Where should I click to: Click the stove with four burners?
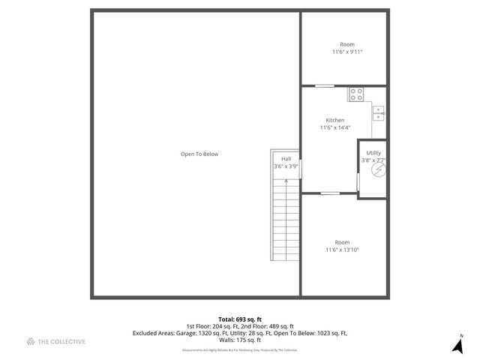point(356,94)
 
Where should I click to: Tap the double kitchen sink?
point(379,112)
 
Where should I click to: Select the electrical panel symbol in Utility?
point(379,170)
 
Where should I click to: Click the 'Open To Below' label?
point(199,154)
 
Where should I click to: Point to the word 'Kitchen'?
point(334,120)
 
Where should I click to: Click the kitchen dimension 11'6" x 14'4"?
point(334,127)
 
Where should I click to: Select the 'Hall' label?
point(286,159)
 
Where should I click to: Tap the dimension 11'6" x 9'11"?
point(346,52)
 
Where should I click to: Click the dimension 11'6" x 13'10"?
point(342,250)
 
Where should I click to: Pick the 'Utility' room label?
point(373,153)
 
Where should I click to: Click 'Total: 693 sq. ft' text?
point(240,319)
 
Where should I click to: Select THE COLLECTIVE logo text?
point(61,342)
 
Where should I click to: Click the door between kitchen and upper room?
point(324,85)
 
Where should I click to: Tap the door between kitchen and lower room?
point(330,193)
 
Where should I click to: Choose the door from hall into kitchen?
point(301,169)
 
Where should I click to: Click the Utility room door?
point(358,181)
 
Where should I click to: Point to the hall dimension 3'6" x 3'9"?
point(286,166)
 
